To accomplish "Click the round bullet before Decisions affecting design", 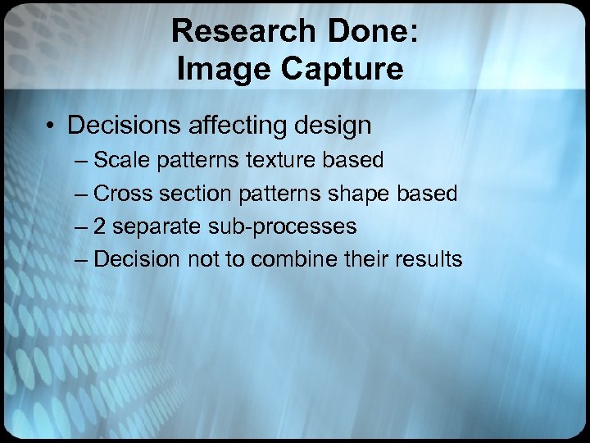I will (52, 126).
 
